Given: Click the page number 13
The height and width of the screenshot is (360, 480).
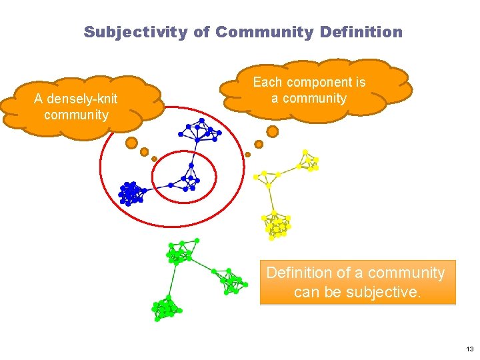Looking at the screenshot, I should pos(469,349).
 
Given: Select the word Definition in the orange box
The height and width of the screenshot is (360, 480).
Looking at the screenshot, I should pos(298,273).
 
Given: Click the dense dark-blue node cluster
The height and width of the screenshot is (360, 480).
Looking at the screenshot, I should pos(131,193).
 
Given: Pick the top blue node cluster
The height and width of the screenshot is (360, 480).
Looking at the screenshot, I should pos(200,131).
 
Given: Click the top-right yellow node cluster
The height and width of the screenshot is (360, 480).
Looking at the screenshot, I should pos(309,161).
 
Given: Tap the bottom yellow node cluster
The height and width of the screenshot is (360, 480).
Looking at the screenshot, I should pos(276,224).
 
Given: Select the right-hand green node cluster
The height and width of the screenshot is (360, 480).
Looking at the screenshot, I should pos(232,281).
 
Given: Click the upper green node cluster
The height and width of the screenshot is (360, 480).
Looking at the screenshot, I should pos(181,251).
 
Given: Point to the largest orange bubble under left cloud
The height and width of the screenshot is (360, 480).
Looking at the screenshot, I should pos(131,143).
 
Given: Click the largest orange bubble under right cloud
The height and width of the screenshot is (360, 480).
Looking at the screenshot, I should pos(272,131).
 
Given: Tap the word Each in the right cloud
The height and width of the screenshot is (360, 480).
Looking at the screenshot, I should pos(267,83).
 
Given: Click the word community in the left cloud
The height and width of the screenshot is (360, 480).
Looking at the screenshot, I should pos(76,115).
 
